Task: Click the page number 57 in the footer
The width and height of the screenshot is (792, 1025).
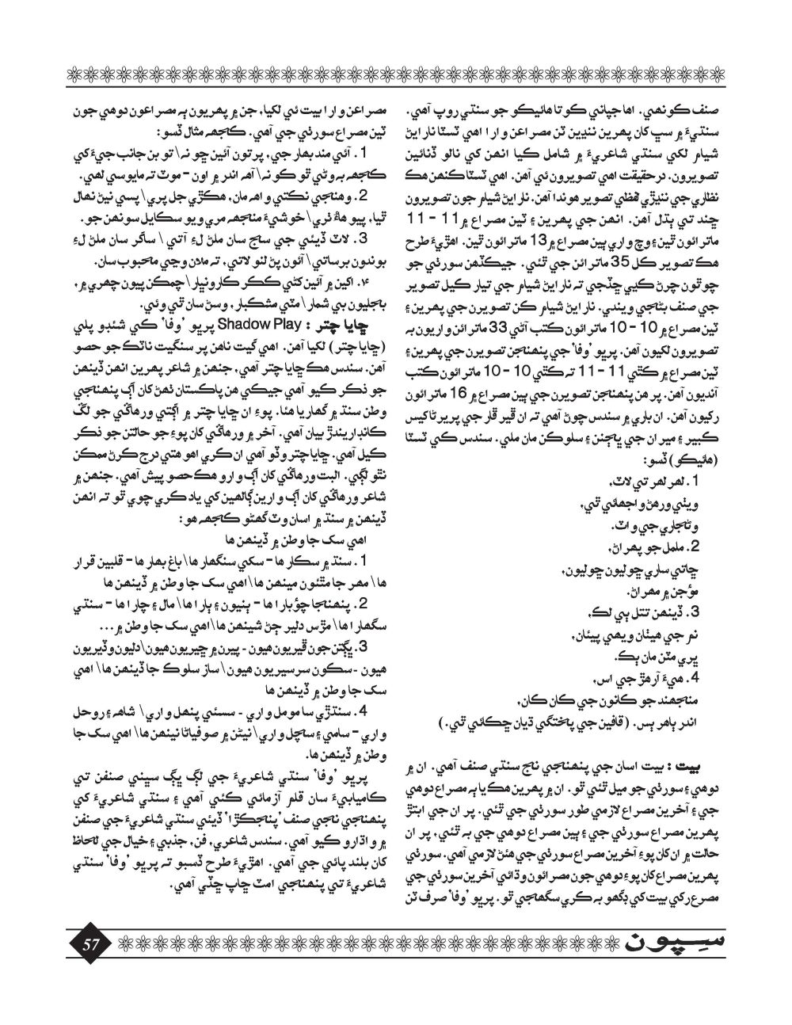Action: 89,943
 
